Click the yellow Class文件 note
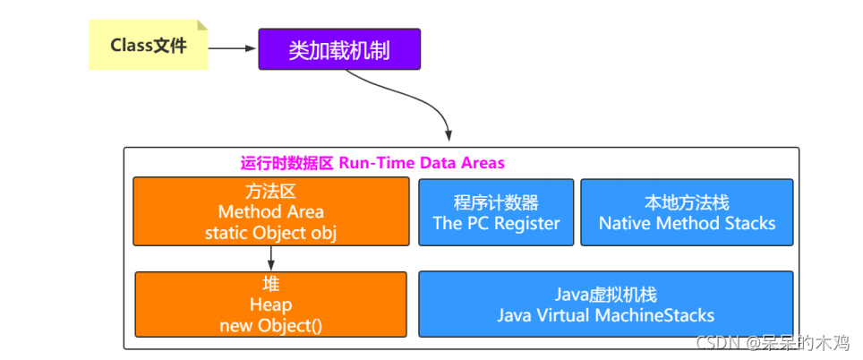coord(149,46)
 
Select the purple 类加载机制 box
coord(338,49)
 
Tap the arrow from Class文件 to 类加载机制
coord(233,48)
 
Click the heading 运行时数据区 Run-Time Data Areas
coord(372,163)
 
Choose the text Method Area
coord(270,212)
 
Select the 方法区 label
coord(270,193)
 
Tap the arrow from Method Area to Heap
coord(270,259)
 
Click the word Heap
coord(270,305)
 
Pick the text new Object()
coord(270,325)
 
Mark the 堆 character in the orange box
coord(270,286)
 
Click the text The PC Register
coord(496,223)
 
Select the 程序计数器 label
coord(496,202)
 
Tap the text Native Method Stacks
coord(687,223)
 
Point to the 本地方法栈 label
coord(687,202)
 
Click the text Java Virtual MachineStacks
coord(605,315)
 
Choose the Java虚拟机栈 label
coord(605,295)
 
